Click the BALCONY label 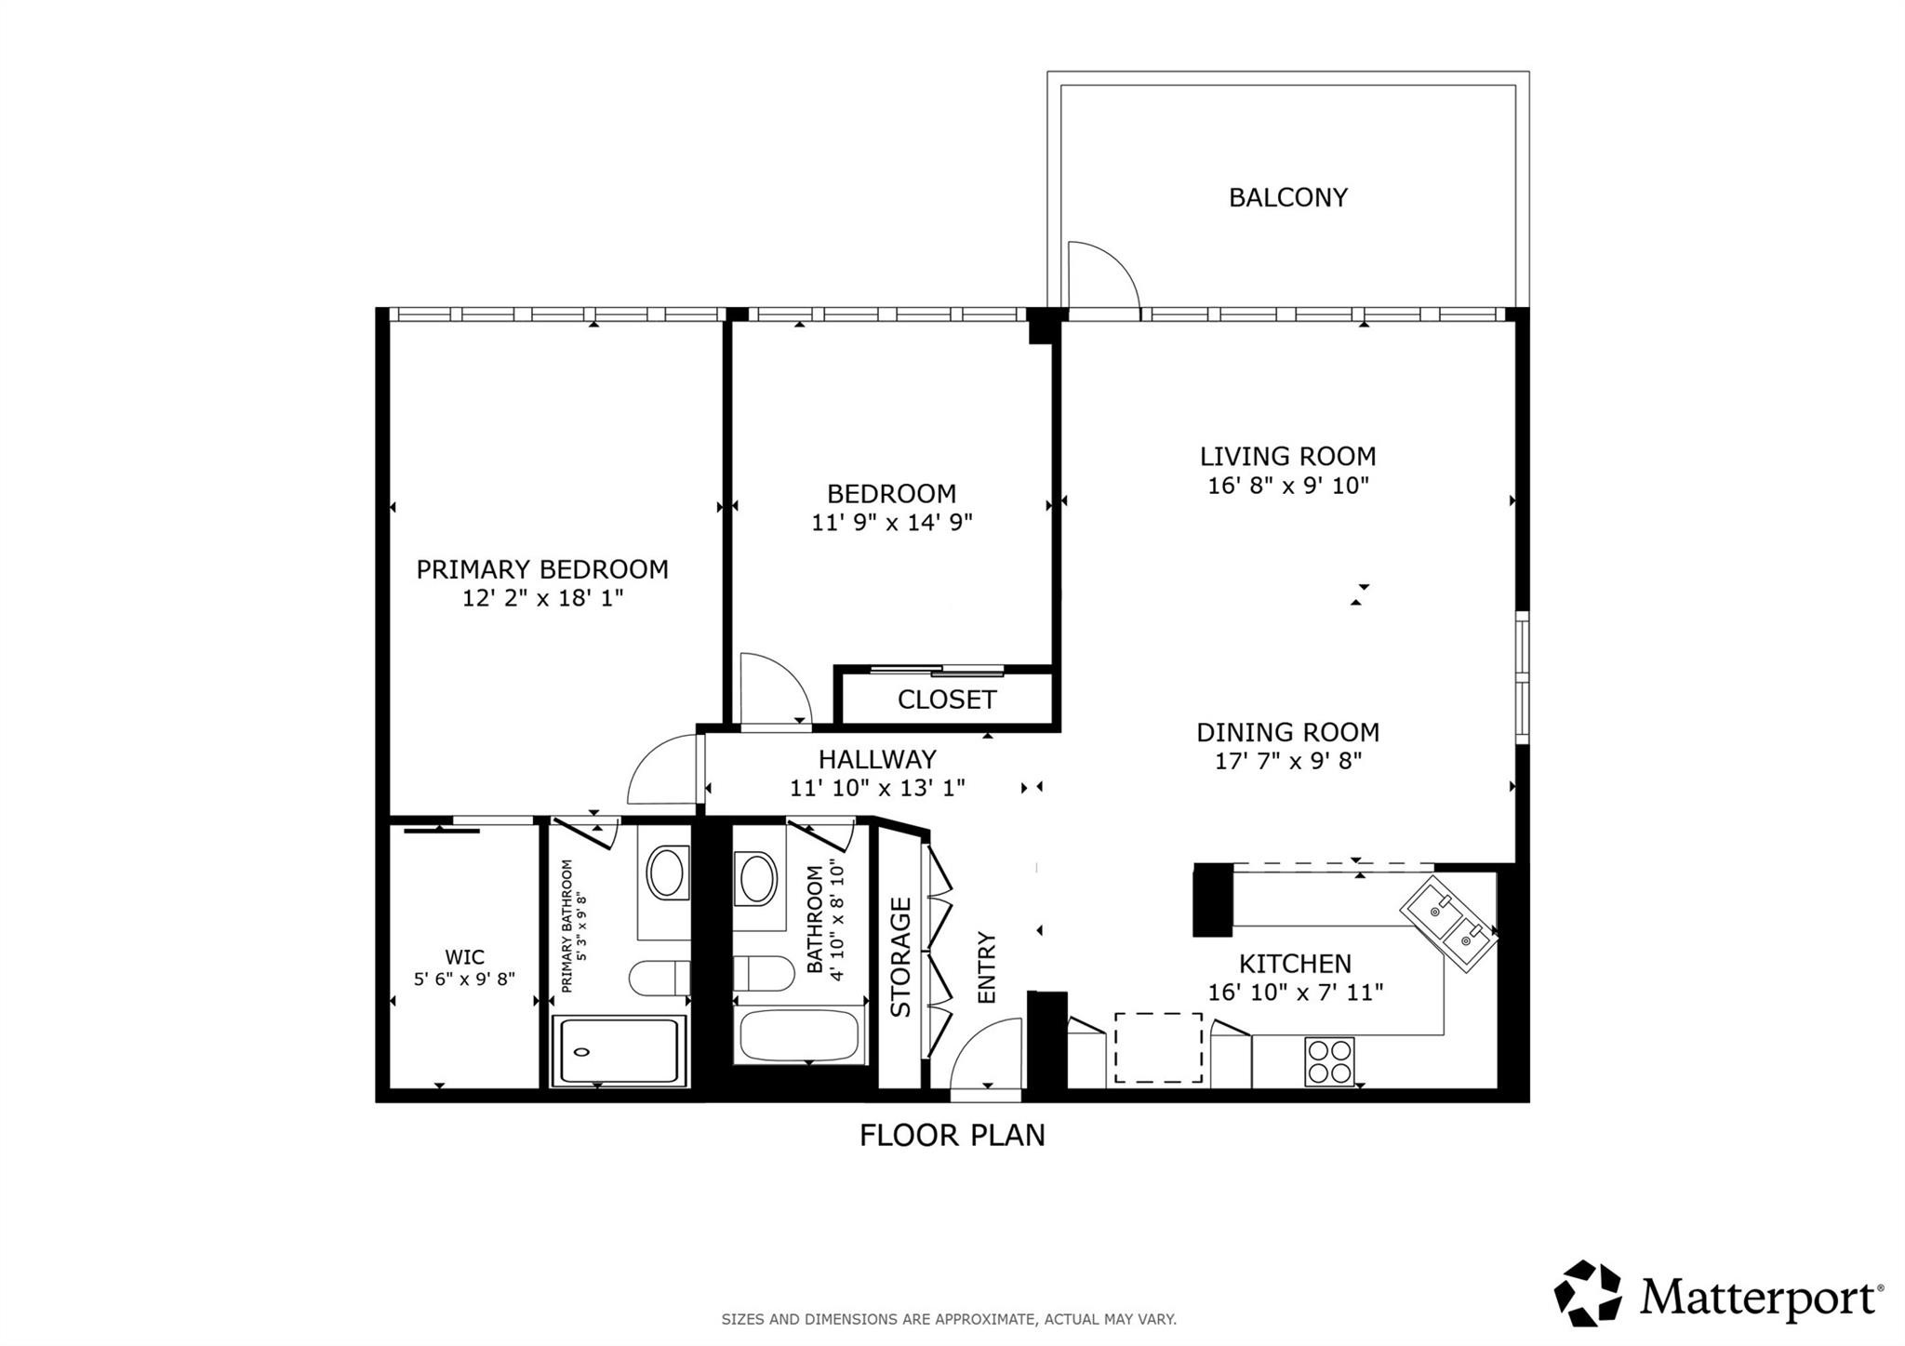click(1287, 197)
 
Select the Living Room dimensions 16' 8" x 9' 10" click(1287, 486)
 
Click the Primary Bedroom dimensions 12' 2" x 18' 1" click(542, 598)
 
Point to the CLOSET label click(946, 700)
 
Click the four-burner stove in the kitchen click(1329, 1061)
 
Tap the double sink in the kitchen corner click(1449, 924)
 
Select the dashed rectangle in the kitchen click(1158, 1047)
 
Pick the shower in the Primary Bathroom click(619, 1051)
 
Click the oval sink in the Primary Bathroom click(665, 873)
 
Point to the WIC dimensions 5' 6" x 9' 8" click(464, 979)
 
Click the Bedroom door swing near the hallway click(772, 688)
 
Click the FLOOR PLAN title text click(952, 1136)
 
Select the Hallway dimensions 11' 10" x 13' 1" click(877, 789)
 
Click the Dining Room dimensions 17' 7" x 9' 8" click(1287, 762)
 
